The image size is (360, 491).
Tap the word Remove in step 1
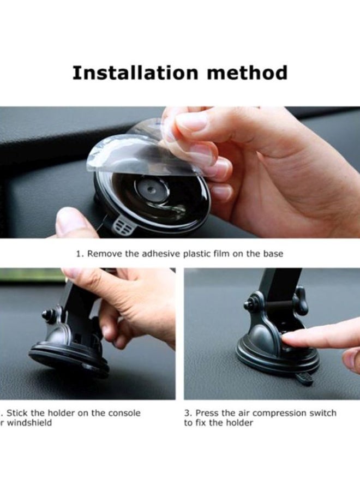(x=103, y=254)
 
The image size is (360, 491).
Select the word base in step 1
(x=272, y=254)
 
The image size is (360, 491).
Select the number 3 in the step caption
(x=187, y=413)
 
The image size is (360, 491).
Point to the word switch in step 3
(x=322, y=413)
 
